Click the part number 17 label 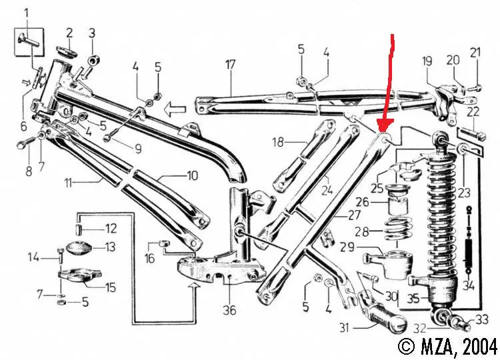[x=230, y=65]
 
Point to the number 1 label [x=27, y=13]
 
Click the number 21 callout [x=475, y=53]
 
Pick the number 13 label [x=109, y=247]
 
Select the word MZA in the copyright [x=433, y=346]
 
